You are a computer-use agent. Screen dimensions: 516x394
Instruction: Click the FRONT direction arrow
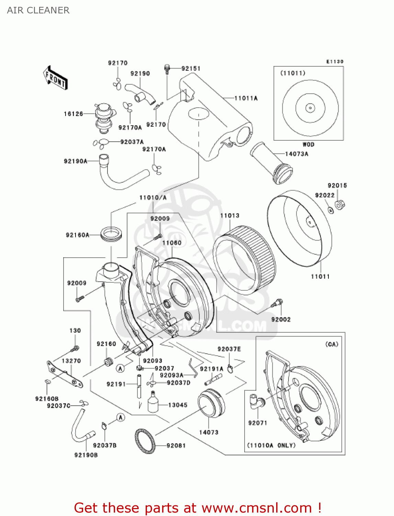55,78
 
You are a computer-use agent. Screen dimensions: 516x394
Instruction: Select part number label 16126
73,114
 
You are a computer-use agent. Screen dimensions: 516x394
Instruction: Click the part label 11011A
246,98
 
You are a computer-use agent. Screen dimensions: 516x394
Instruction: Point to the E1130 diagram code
335,62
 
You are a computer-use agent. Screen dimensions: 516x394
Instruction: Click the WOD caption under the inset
308,144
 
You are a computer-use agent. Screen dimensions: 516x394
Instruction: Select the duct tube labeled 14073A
271,163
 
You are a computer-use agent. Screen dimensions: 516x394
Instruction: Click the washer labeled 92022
330,210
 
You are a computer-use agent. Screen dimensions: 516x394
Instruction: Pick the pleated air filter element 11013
244,260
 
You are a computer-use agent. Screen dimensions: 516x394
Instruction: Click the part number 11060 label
172,243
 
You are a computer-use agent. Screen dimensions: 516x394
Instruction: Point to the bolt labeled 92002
276,303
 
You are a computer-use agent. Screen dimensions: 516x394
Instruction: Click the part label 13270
71,361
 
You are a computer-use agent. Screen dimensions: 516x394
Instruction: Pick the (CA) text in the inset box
331,344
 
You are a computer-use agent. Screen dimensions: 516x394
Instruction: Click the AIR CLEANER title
38,10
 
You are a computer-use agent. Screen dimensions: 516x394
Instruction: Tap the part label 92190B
86,455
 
